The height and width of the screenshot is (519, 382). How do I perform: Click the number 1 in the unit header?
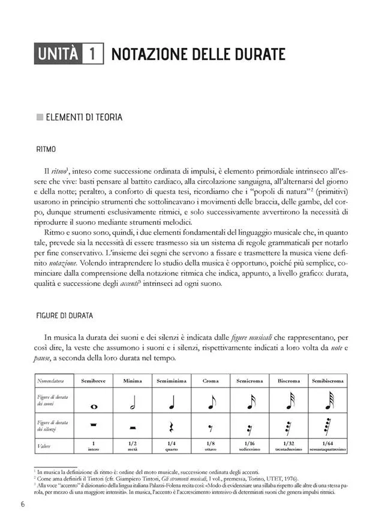tap(94, 55)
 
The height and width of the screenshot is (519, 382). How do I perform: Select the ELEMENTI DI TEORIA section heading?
tap(84, 117)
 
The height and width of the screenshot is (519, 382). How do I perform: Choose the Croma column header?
tap(210, 380)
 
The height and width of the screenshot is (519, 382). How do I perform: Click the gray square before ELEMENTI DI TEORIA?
tap(40, 117)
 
